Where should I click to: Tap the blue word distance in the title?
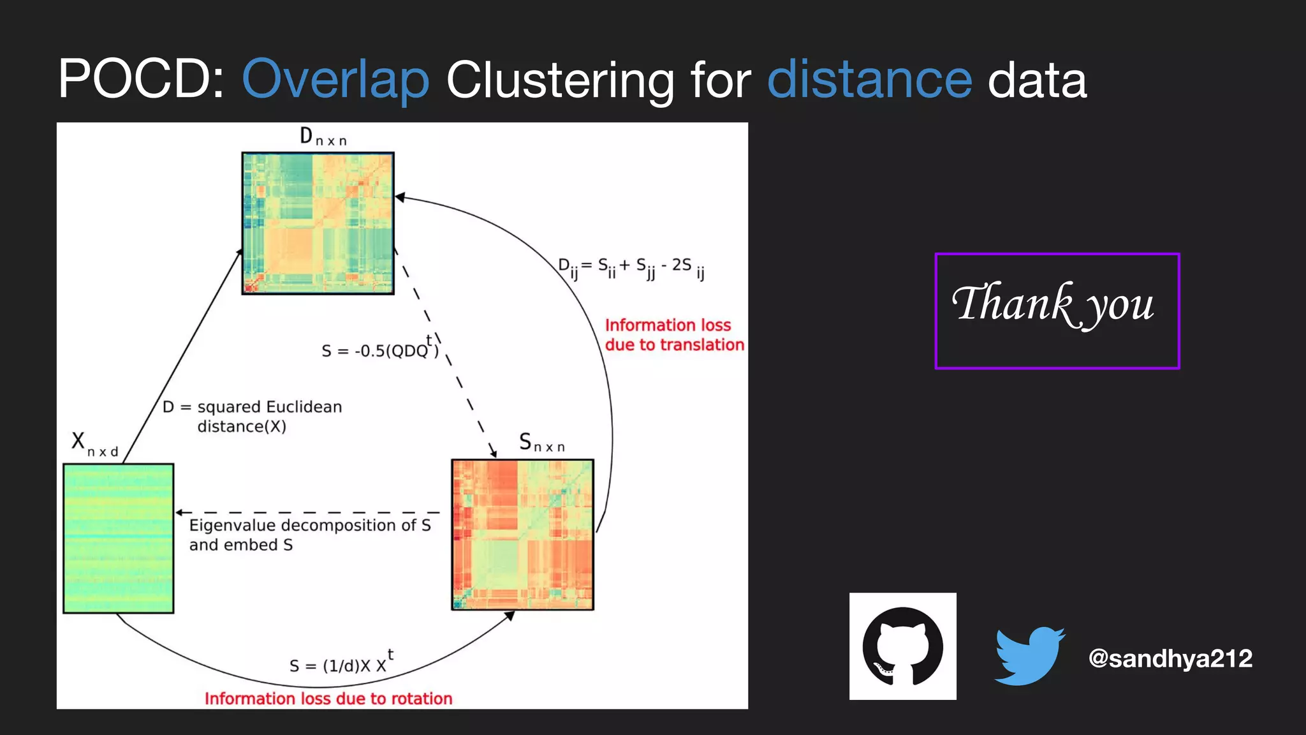[869, 79]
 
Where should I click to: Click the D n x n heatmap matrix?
[318, 223]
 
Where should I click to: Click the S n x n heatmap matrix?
[522, 535]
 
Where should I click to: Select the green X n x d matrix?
[119, 538]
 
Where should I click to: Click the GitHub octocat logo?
[902, 646]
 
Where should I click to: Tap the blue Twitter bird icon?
[1029, 656]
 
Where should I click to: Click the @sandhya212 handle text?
[1170, 658]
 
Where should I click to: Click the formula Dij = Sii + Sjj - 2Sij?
[631, 267]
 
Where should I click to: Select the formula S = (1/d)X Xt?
[341, 664]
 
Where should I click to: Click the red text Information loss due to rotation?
[328, 699]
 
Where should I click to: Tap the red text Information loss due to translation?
[673, 335]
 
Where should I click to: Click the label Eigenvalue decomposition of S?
[310, 526]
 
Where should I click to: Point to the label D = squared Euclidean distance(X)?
[253, 416]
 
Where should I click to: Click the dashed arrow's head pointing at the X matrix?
[180, 512]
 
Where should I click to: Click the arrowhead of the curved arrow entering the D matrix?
[400, 197]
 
